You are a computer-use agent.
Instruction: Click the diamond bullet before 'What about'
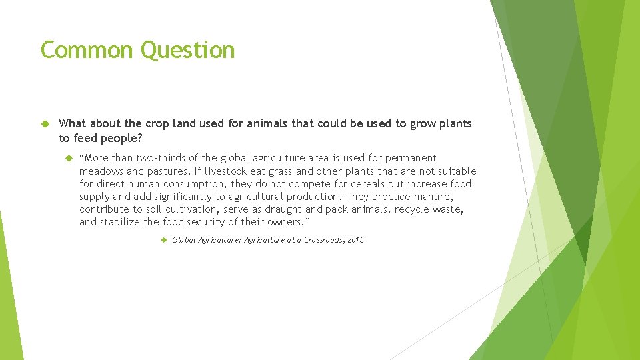click(x=46, y=124)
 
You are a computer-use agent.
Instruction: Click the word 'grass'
click(x=282, y=171)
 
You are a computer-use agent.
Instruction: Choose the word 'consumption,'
click(x=195, y=183)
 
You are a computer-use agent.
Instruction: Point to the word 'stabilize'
click(x=120, y=222)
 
